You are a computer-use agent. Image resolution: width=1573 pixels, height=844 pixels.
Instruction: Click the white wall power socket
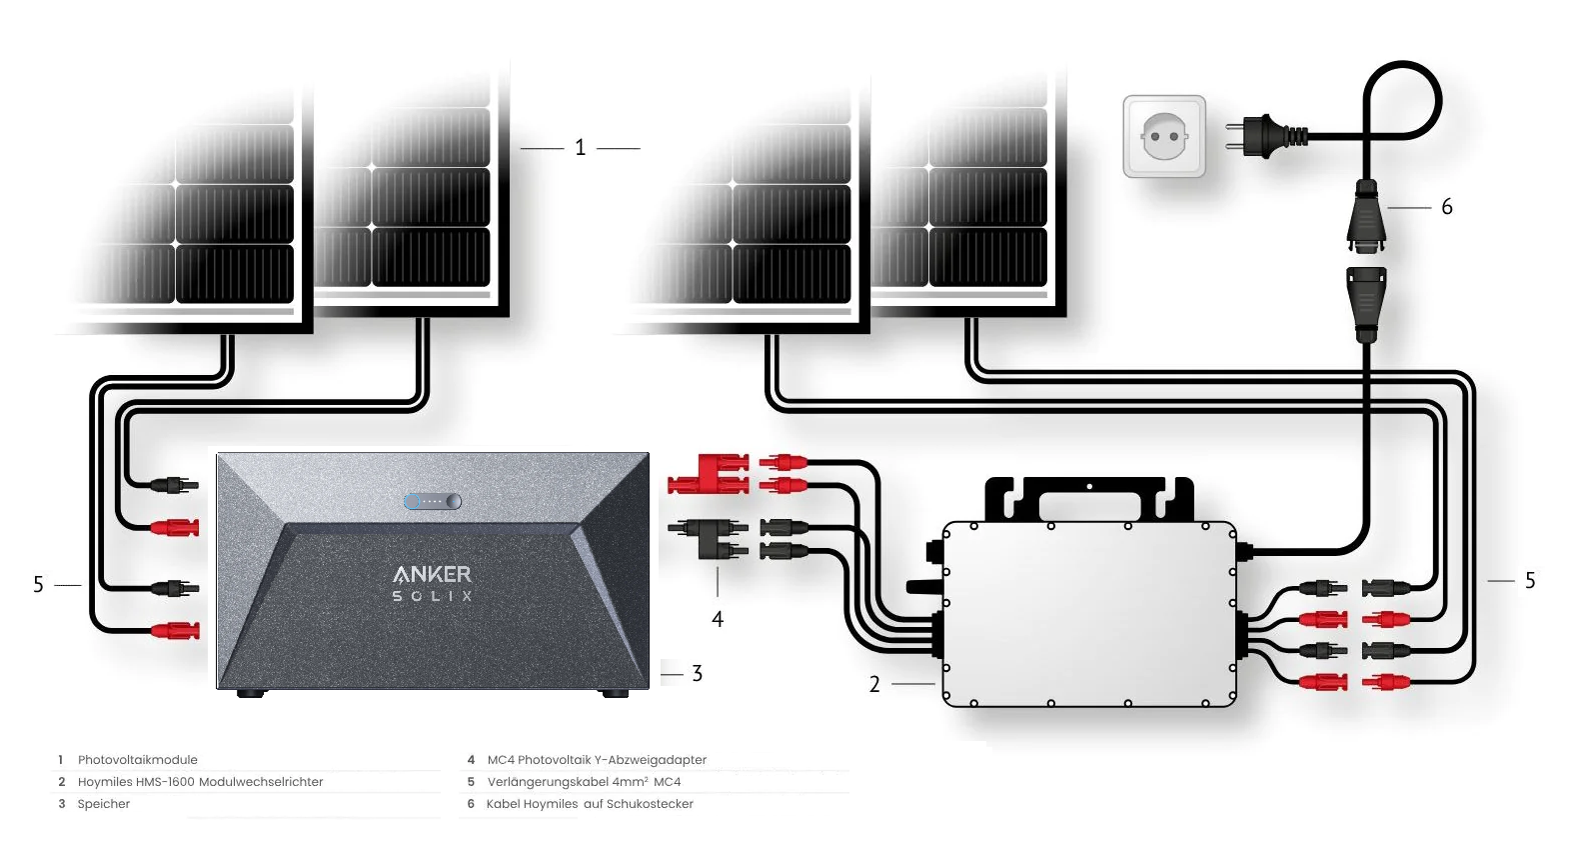click(1164, 136)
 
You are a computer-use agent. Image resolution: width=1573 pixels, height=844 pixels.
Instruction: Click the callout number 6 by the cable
click(1446, 207)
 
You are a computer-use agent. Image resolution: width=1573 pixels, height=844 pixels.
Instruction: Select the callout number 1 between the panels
click(580, 148)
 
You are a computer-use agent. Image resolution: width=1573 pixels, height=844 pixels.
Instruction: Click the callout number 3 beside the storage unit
click(697, 674)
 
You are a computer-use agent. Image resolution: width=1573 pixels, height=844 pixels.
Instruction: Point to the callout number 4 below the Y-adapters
click(717, 620)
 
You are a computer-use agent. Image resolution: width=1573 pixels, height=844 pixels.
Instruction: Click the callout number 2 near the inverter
click(874, 684)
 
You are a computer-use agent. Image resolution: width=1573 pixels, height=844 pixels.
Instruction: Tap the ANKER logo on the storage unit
click(432, 574)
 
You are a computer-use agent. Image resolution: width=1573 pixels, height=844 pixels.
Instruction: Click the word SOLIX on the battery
click(432, 596)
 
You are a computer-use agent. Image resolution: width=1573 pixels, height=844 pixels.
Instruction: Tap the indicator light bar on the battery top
click(433, 501)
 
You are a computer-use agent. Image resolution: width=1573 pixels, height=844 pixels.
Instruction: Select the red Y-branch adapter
click(708, 473)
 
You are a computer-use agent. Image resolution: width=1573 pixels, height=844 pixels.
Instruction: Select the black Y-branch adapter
click(708, 538)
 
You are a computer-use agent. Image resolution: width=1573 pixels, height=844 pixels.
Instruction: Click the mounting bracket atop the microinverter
click(1089, 497)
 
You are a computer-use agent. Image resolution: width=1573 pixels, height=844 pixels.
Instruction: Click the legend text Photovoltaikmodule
click(138, 760)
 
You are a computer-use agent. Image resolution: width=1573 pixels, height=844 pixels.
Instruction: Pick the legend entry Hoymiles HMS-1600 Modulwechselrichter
click(200, 782)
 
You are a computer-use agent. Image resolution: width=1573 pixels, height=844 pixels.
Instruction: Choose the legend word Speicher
click(104, 804)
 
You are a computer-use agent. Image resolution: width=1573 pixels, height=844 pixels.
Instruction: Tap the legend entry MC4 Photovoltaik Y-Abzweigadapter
click(597, 760)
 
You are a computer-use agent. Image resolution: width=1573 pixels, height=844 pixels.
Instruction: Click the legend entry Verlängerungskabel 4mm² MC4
click(584, 782)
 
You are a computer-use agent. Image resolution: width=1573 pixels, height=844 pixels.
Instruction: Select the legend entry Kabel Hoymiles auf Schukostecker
click(590, 804)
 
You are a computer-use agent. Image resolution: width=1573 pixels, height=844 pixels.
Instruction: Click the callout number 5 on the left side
click(38, 584)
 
